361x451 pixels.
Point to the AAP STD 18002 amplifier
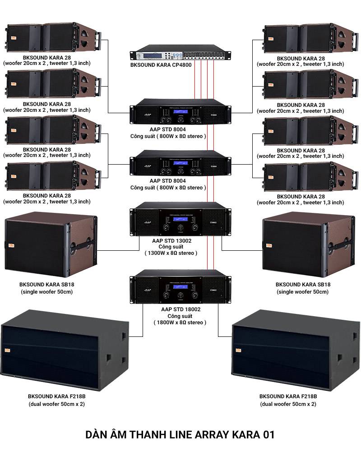pos(180,286)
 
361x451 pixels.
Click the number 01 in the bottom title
pos(268,435)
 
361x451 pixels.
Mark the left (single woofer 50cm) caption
pos(46,292)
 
